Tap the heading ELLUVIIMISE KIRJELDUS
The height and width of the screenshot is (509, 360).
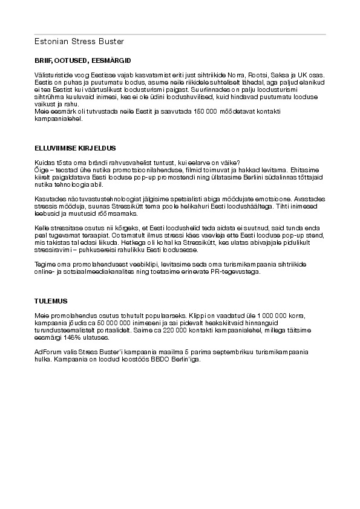75,148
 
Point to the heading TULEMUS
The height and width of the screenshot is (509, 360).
51,300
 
